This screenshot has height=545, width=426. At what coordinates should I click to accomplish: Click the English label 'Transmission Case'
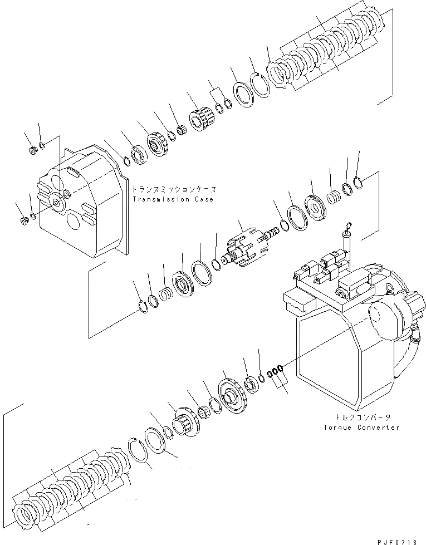pyautogui.click(x=173, y=199)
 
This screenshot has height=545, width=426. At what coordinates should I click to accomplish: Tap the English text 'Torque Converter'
pyautogui.click(x=361, y=428)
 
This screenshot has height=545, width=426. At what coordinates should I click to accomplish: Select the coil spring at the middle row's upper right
pyautogui.click(x=334, y=197)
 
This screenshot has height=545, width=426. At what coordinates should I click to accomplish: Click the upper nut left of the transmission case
pyautogui.click(x=33, y=149)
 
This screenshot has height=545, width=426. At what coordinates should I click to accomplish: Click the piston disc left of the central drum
pyautogui.click(x=182, y=281)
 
